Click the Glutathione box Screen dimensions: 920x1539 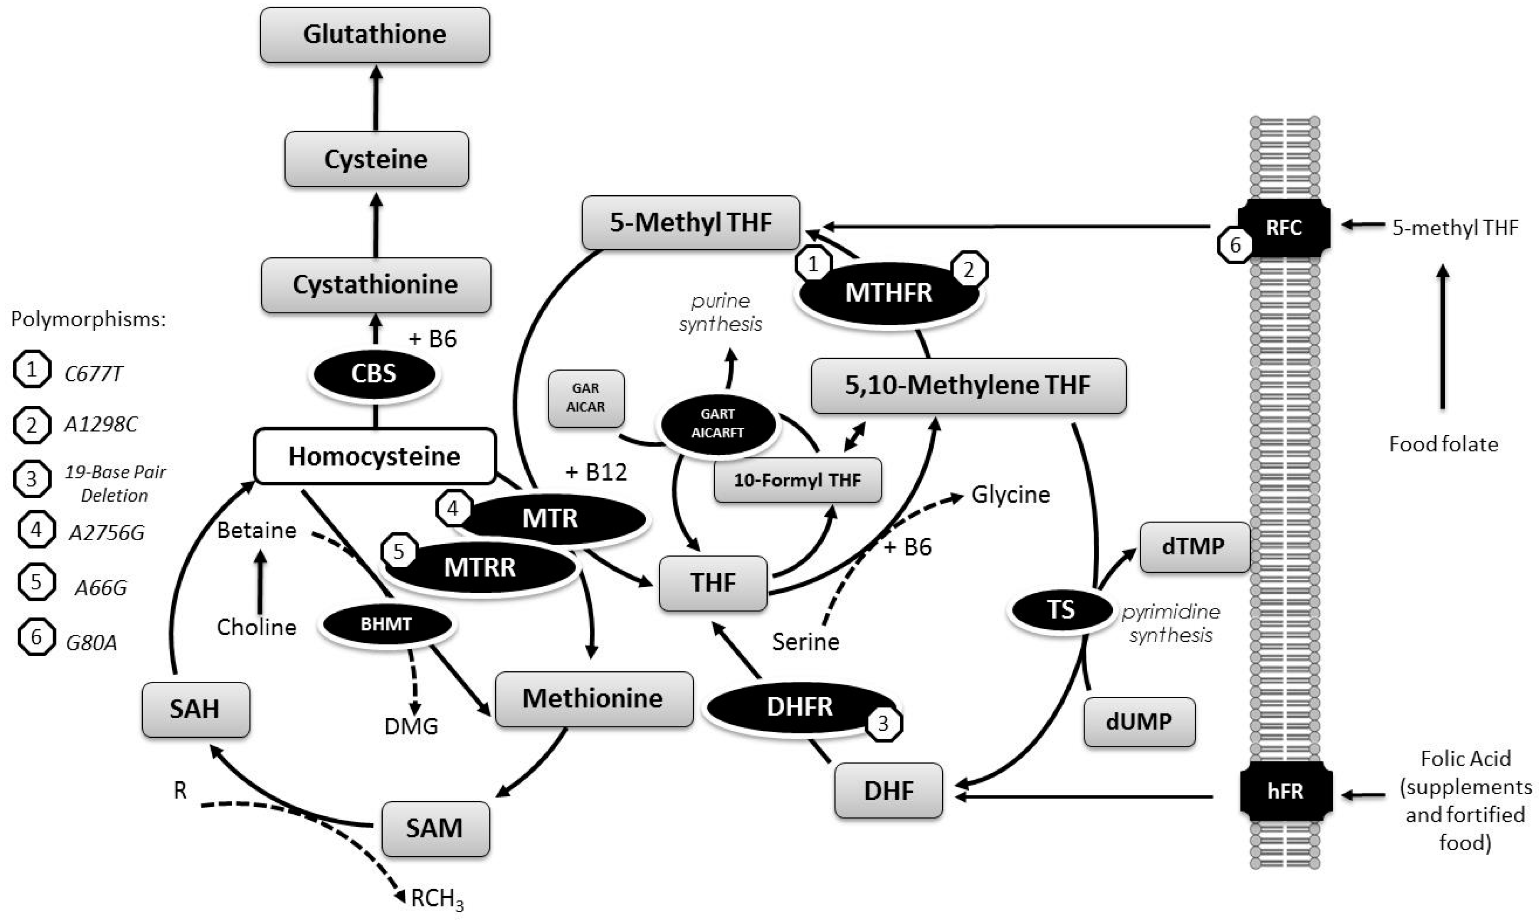tap(375, 35)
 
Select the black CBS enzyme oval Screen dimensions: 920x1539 tap(374, 374)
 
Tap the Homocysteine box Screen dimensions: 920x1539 tap(375, 456)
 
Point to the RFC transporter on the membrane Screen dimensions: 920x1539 tap(1284, 227)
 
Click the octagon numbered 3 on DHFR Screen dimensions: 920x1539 tap(883, 723)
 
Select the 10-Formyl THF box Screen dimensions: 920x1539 tap(798, 480)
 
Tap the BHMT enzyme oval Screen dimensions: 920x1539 tap(386, 624)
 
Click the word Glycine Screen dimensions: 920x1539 tap(1010, 495)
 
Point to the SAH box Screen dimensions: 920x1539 tap(195, 709)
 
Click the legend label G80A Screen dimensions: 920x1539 tap(92, 642)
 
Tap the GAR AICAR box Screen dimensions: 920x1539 tap(586, 398)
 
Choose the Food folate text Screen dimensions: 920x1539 tap(1443, 444)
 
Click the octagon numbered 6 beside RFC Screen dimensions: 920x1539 tap(1235, 246)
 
